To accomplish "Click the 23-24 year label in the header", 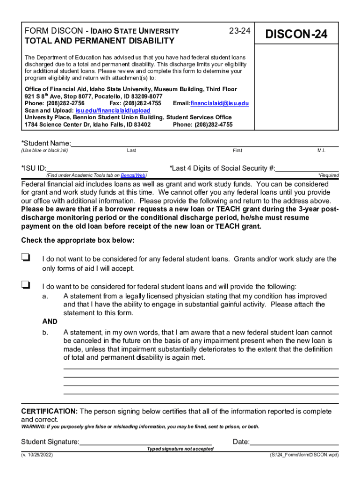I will tap(240, 31).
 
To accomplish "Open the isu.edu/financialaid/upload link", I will tap(113, 110).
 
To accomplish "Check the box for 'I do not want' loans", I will tap(26, 257).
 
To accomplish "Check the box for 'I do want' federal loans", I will tap(26, 284).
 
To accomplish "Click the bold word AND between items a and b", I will tap(50, 322).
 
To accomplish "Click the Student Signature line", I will tap(145, 442).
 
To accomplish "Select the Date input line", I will tap(294, 442).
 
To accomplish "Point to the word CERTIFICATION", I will tap(50, 411).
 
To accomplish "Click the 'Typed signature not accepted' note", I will tap(180, 449).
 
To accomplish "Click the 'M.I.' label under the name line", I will tap(321, 151).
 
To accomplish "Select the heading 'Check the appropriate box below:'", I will tap(78, 240).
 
